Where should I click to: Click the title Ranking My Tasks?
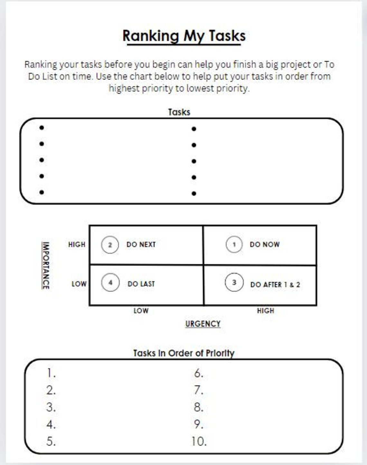pyautogui.click(x=184, y=35)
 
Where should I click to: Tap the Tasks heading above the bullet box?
pyautogui.click(x=179, y=112)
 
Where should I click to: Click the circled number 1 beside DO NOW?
pyautogui.click(x=234, y=244)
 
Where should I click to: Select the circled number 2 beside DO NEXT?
pyautogui.click(x=110, y=245)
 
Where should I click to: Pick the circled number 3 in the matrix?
pyautogui.click(x=234, y=282)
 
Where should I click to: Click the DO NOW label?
pyautogui.click(x=264, y=244)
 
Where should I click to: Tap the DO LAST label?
pyautogui.click(x=141, y=284)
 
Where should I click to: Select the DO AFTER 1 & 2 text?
pyautogui.click(x=275, y=284)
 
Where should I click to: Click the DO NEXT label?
pyautogui.click(x=141, y=244)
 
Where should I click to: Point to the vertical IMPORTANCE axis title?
pyautogui.click(x=46, y=265)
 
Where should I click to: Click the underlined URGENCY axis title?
pyautogui.click(x=203, y=324)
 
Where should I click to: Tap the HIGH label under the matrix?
pyautogui.click(x=265, y=311)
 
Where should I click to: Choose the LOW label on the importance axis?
pyautogui.click(x=79, y=284)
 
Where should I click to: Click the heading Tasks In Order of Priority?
pyautogui.click(x=183, y=353)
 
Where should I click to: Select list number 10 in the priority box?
pyautogui.click(x=199, y=441)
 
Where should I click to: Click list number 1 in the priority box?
pyautogui.click(x=51, y=373)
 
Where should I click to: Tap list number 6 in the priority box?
pyautogui.click(x=199, y=373)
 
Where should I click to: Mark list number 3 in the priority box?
pyautogui.click(x=51, y=407)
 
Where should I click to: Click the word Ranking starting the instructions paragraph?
pyautogui.click(x=41, y=64)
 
